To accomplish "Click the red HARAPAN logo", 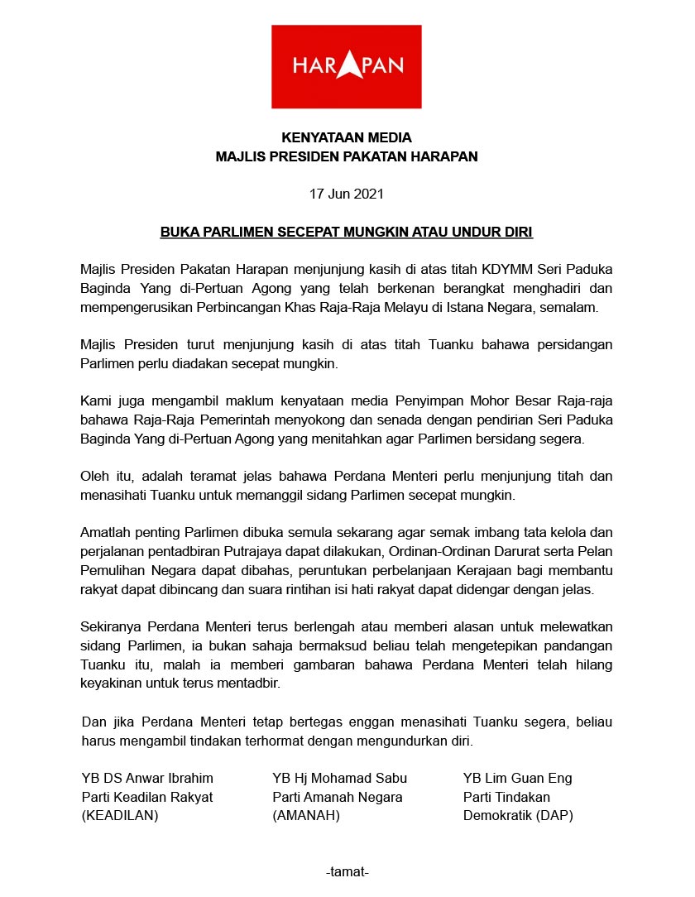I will click(347, 66).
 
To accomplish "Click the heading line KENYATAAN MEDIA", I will click(346, 137).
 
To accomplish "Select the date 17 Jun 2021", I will click(346, 194).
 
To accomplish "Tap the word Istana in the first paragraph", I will click(482, 306).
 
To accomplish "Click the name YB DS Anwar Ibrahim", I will click(147, 778).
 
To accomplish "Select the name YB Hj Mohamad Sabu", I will click(339, 778).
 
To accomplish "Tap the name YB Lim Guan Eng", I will click(517, 778).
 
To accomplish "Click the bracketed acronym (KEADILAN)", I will click(119, 815).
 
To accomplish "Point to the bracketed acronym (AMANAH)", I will click(306, 815).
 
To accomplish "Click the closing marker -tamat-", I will click(347, 872).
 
